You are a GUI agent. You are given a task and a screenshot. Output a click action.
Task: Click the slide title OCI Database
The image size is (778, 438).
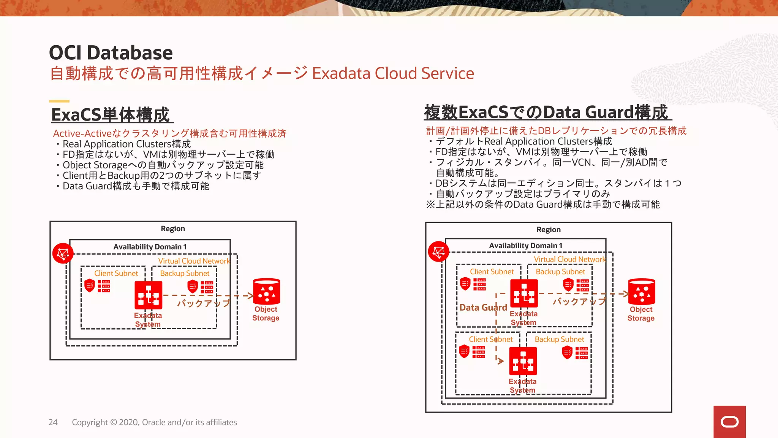click(111, 52)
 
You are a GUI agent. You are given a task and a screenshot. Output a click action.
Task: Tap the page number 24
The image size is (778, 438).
click(53, 422)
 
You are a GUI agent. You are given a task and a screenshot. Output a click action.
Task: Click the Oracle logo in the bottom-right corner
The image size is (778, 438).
click(729, 422)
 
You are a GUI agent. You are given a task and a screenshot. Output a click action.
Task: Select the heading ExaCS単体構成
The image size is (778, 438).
click(111, 115)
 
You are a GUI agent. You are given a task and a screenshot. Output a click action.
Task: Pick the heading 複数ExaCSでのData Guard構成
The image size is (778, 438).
click(546, 112)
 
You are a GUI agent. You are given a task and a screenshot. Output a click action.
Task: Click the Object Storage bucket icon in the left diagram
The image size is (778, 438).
click(266, 292)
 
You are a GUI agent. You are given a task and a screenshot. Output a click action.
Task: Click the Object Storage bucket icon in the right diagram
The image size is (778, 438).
click(642, 292)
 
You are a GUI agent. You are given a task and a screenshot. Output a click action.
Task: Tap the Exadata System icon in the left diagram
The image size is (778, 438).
click(148, 295)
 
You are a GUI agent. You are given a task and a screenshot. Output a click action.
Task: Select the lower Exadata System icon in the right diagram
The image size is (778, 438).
click(523, 361)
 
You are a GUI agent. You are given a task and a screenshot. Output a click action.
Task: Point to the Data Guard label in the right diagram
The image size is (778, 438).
click(483, 308)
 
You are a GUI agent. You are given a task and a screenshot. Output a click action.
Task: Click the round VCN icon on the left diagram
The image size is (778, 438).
click(63, 253)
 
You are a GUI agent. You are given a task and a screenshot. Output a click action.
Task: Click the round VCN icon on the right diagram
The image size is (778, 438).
click(438, 251)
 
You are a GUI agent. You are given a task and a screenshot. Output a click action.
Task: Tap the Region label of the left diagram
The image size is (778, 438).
click(173, 229)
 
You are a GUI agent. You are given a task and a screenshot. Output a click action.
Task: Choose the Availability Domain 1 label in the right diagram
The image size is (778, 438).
click(526, 246)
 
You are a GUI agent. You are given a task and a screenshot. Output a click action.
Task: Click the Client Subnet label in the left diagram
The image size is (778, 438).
click(116, 273)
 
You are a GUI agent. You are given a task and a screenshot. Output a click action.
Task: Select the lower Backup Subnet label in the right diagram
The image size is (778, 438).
click(559, 339)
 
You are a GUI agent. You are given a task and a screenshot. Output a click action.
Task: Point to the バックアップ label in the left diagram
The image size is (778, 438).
click(204, 303)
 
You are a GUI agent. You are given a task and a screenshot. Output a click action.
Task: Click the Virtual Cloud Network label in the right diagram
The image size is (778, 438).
click(570, 259)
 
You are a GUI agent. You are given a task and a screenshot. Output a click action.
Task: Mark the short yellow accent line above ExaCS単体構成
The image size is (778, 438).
click(59, 101)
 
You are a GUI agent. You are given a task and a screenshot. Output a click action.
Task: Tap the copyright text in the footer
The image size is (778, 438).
click(154, 422)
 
